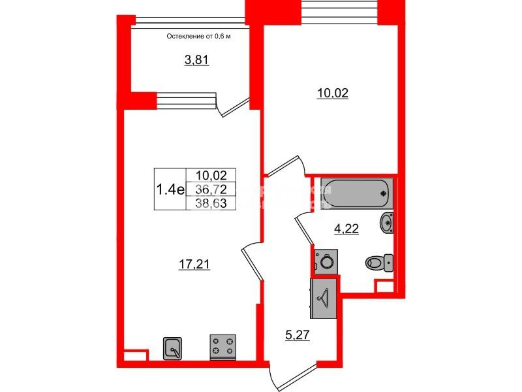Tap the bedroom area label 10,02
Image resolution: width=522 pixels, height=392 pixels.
(x=333, y=93)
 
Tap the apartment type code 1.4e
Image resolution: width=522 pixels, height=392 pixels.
(x=170, y=189)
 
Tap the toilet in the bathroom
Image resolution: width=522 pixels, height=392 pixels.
(x=378, y=263)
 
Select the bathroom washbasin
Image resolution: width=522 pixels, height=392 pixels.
(x=386, y=223)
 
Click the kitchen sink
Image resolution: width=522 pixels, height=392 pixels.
(x=172, y=348)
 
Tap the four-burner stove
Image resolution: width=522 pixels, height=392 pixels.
(x=222, y=347)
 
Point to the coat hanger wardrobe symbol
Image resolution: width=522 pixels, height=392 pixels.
(x=324, y=298)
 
